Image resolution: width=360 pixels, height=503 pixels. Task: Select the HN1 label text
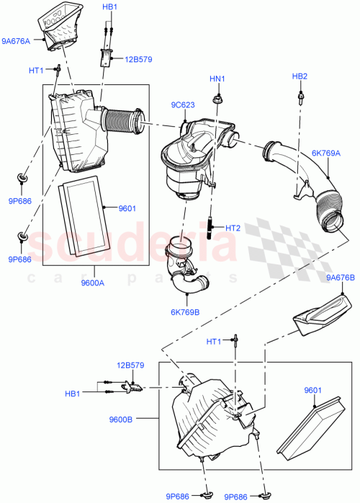pos(217,79)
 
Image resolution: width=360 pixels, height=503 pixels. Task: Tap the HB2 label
pos(300,76)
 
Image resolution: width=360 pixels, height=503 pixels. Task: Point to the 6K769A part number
pos(326,153)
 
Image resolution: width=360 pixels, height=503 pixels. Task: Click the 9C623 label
pos(182,104)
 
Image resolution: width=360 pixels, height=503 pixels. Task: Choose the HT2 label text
pos(233,228)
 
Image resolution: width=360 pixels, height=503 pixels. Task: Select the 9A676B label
pos(341,277)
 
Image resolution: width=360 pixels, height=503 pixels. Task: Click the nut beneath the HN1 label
pos(217,96)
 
